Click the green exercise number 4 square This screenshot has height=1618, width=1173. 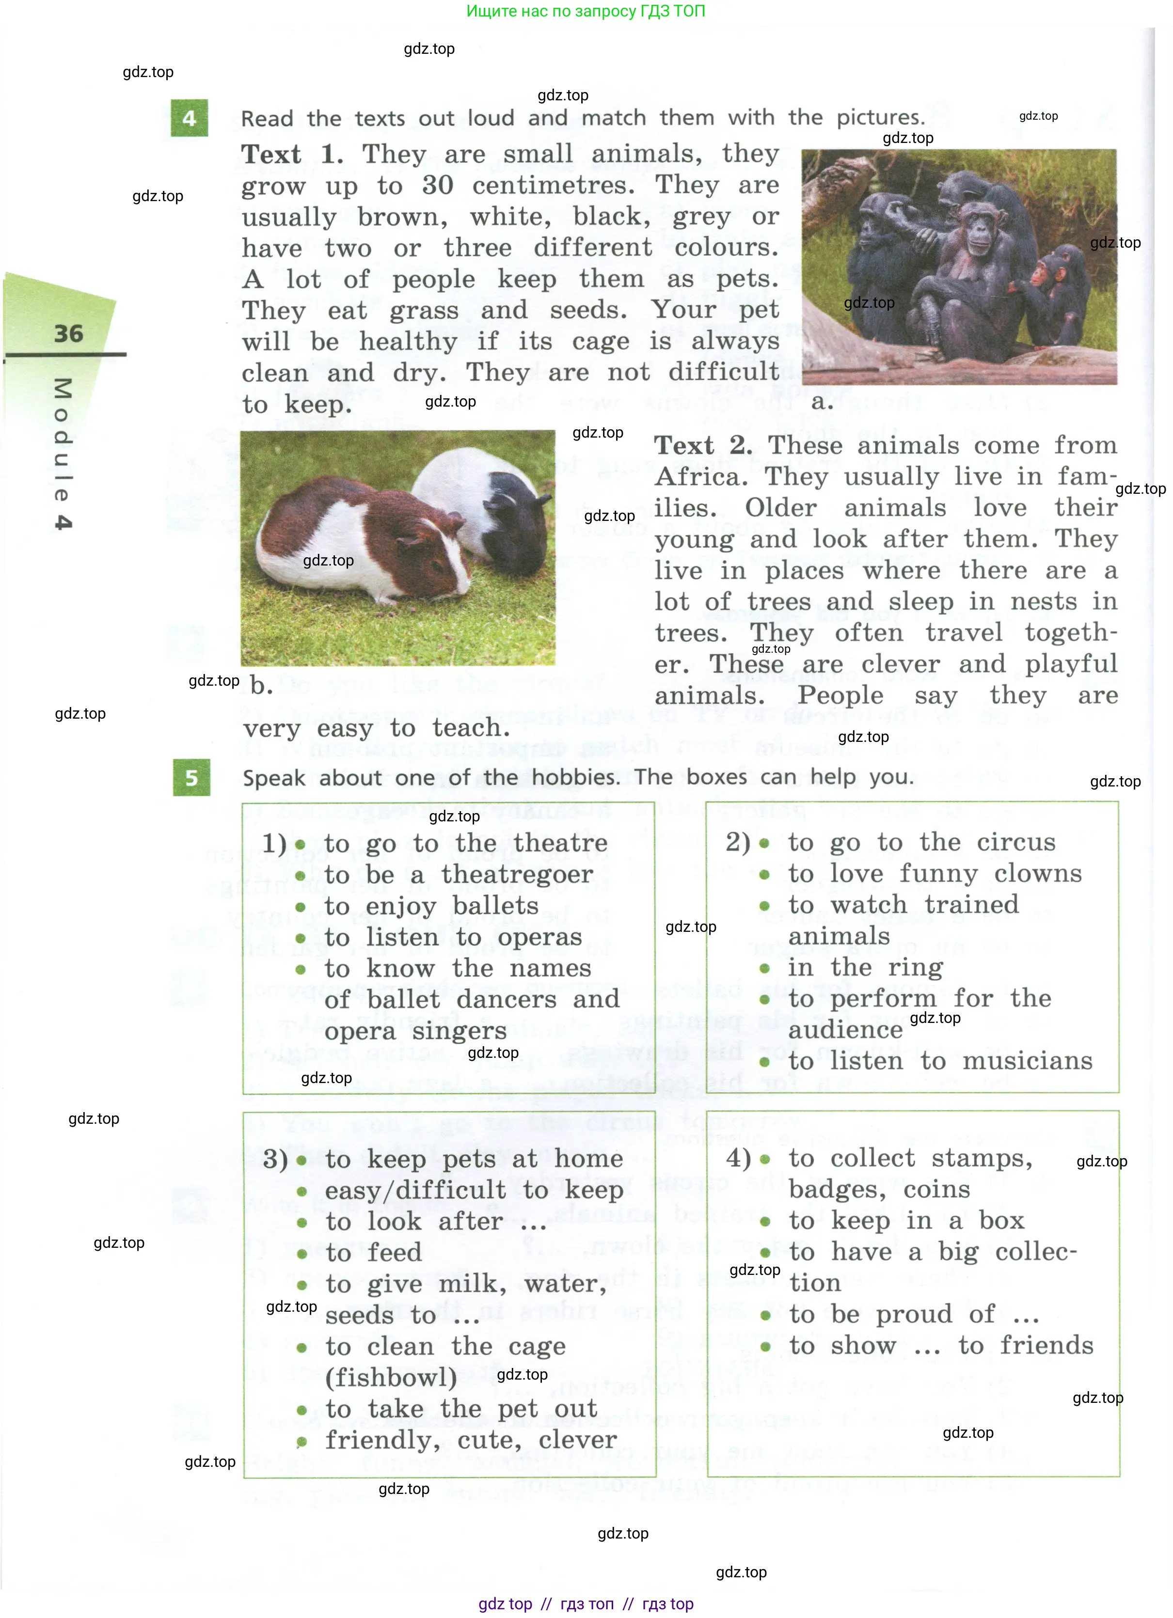[x=189, y=118]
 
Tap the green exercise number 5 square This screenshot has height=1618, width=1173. [x=191, y=778]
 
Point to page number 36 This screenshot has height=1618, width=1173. [x=68, y=334]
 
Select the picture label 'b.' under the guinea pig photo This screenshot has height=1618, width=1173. [x=261, y=686]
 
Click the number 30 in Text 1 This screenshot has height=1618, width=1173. [x=437, y=186]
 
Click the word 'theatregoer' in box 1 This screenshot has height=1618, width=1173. [x=517, y=875]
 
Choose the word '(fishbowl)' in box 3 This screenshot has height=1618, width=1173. [x=390, y=1378]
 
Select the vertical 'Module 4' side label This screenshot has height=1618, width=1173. [x=63, y=453]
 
